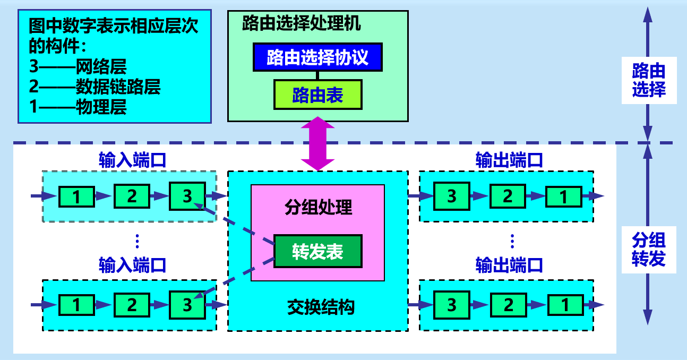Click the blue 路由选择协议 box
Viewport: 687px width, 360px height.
click(317, 57)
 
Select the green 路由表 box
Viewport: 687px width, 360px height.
click(317, 95)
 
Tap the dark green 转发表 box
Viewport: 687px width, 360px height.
click(317, 251)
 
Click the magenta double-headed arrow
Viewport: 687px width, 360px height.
click(317, 144)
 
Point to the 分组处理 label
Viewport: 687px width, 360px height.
click(317, 207)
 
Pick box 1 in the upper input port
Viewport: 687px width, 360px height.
click(76, 196)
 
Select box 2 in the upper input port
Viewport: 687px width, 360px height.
click(132, 196)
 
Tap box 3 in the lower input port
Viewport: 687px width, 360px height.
click(187, 305)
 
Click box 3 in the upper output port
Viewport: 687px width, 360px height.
click(452, 196)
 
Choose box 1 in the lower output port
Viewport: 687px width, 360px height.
click(564, 305)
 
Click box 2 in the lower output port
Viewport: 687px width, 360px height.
click(508, 305)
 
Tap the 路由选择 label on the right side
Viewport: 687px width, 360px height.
click(648, 80)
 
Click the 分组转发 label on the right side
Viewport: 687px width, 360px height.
click(648, 250)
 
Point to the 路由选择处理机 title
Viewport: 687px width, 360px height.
click(301, 23)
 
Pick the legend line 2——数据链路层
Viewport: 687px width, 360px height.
click(95, 87)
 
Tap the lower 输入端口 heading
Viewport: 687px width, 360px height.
click(133, 264)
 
